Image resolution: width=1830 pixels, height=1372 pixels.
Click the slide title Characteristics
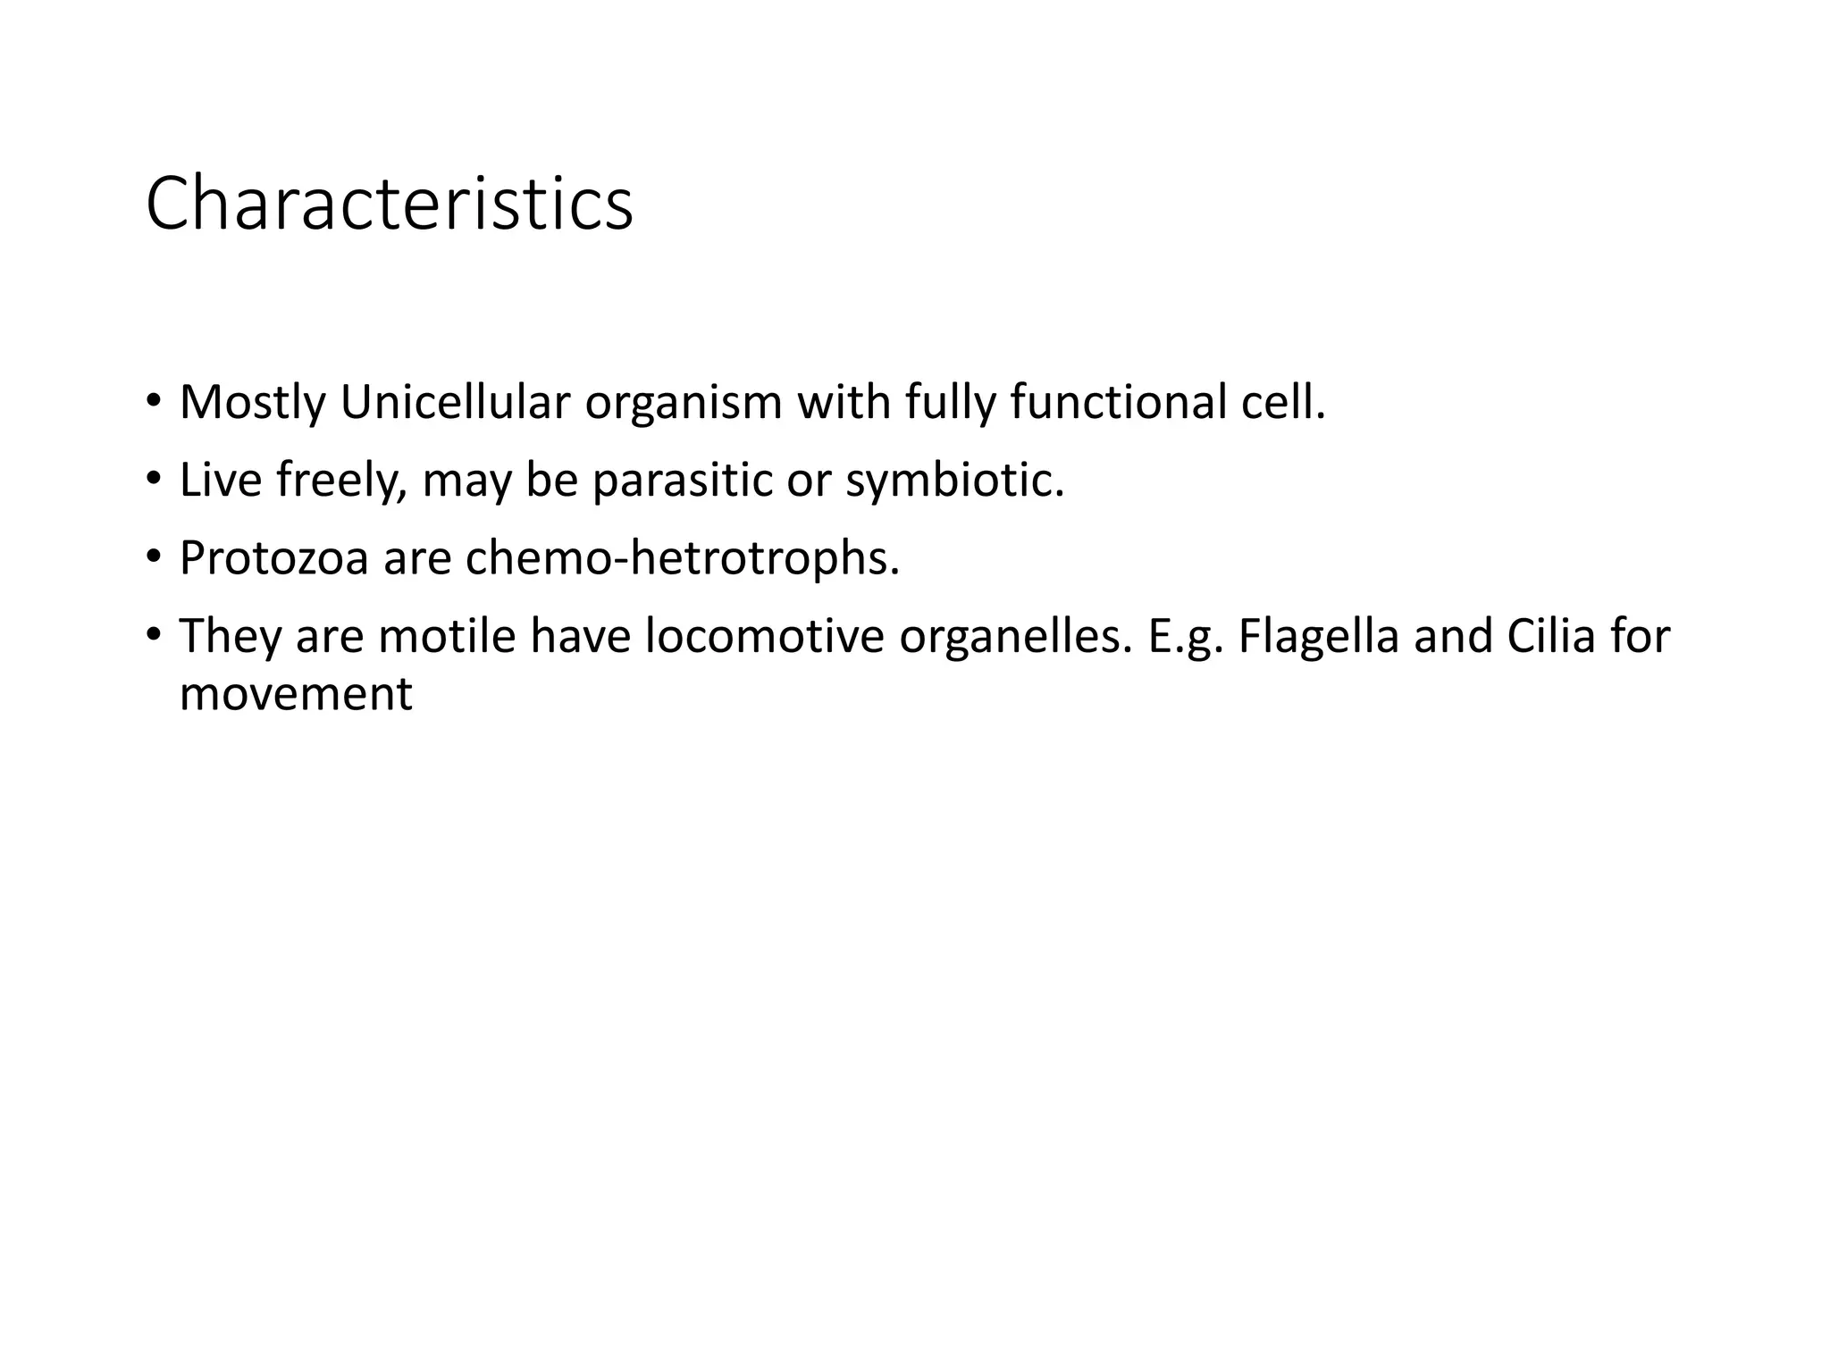click(x=389, y=205)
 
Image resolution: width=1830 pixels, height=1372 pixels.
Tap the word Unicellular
click(x=454, y=402)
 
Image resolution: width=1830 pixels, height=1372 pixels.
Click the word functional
click(x=1119, y=402)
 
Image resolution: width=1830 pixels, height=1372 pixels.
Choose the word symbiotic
click(x=954, y=481)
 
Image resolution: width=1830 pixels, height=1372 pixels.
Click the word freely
click(x=341, y=481)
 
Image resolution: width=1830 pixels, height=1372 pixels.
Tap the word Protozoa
click(x=273, y=558)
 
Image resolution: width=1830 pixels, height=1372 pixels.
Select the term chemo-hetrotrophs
click(x=682, y=558)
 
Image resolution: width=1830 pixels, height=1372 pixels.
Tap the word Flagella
click(x=1319, y=638)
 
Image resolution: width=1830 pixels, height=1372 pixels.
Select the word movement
click(x=296, y=694)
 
